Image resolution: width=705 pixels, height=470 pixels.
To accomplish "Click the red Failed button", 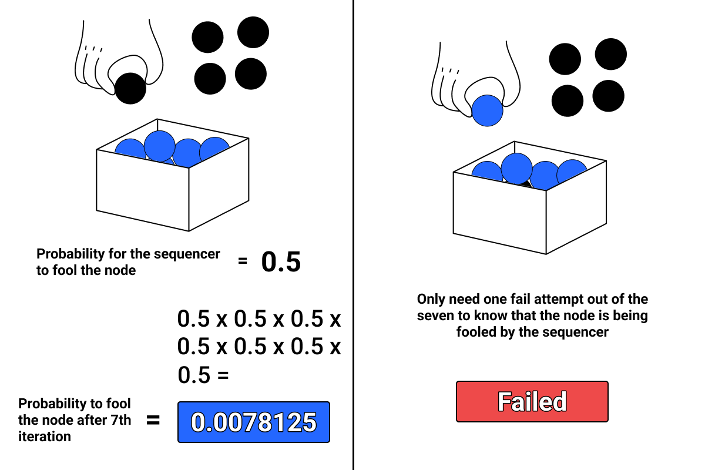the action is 532,401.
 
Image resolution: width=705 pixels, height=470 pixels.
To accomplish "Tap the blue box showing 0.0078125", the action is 254,422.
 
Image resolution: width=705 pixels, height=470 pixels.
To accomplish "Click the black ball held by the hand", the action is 130,89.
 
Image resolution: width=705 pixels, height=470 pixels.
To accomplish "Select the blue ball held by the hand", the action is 487,110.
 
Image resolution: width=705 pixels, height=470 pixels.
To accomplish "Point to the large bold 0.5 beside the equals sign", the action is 281,261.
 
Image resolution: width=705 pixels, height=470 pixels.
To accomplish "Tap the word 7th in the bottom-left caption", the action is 120,420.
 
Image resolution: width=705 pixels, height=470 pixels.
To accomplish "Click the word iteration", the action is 45,437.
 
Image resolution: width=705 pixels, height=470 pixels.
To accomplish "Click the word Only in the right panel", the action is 431,300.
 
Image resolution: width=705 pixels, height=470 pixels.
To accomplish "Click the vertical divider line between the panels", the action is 354,235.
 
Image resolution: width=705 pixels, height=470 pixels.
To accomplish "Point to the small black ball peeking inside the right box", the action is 524,183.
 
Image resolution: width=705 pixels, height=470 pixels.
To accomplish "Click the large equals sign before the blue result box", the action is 153,420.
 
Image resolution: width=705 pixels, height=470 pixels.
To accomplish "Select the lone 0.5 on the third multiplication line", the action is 194,375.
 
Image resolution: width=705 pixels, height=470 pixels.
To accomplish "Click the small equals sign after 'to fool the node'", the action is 242,261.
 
